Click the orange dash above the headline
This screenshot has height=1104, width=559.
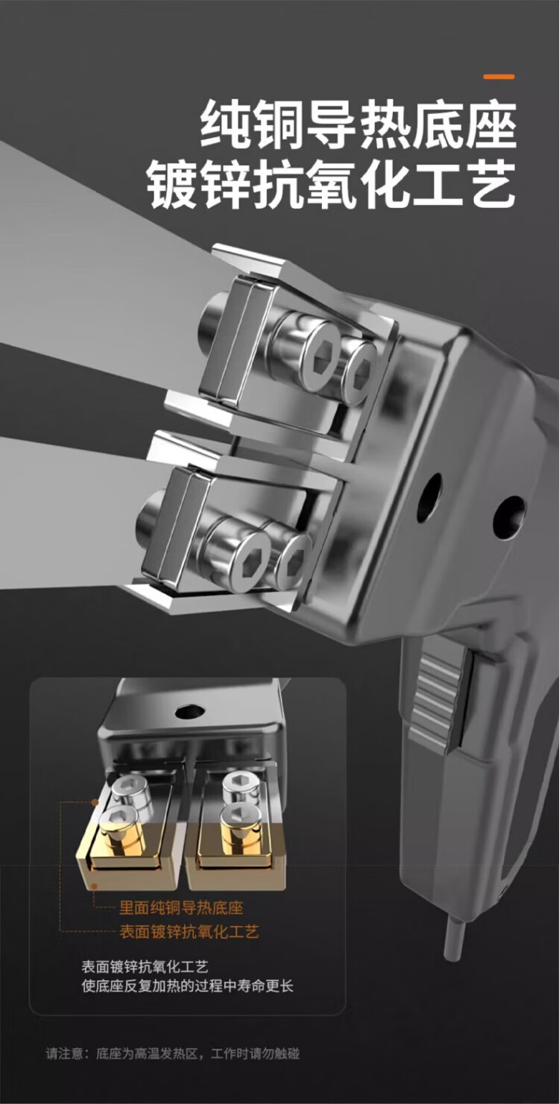point(499,77)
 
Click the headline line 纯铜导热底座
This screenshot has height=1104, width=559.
point(359,124)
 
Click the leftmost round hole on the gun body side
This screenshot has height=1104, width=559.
point(430,496)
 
